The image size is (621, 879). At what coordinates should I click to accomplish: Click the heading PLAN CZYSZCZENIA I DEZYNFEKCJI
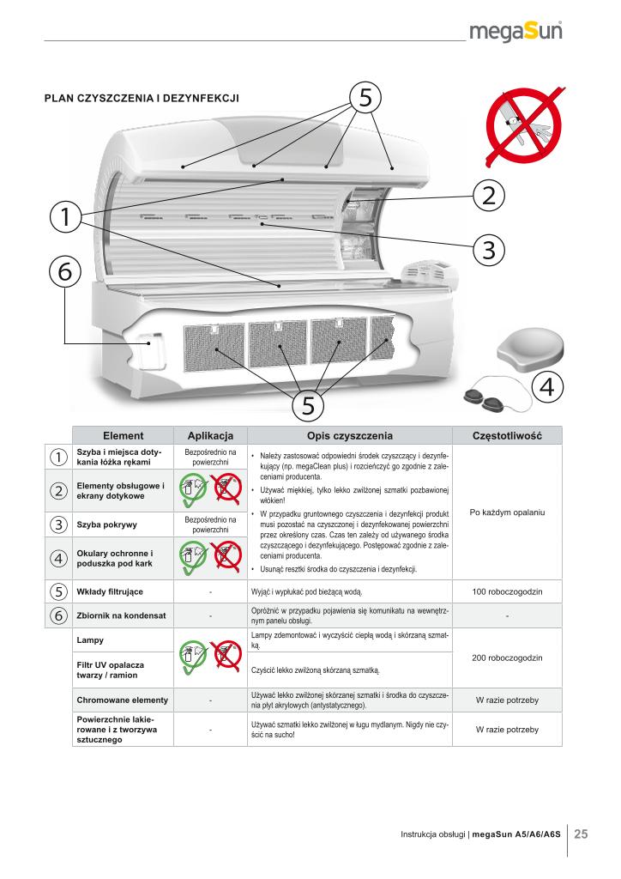142,99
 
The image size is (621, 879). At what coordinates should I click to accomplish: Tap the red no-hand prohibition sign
522,129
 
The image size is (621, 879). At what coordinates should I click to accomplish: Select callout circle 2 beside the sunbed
487,196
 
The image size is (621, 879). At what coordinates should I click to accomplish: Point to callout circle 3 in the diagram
487,250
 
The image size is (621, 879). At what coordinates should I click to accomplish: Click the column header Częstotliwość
506,435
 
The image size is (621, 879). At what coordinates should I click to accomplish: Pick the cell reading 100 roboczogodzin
506,591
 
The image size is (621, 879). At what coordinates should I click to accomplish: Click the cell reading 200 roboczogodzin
506,658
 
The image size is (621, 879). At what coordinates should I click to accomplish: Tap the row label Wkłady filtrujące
107,591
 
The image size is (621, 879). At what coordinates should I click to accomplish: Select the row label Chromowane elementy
122,700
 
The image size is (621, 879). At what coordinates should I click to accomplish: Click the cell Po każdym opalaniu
506,513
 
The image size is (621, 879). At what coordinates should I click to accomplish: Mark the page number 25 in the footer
581,834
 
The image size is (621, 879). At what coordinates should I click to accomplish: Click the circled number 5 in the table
57,591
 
